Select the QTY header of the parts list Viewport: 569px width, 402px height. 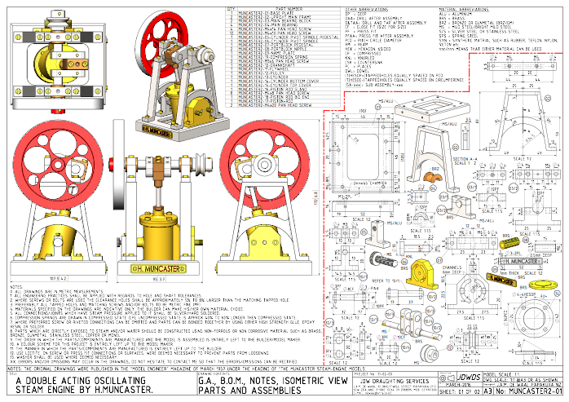(x=230, y=7)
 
